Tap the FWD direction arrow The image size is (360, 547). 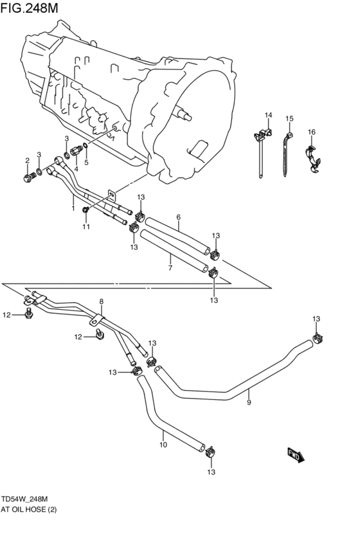click(x=295, y=455)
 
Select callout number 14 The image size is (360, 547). click(x=268, y=116)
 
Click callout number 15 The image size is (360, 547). click(x=289, y=119)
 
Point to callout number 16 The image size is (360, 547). click(x=311, y=132)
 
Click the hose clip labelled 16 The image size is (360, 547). click(x=312, y=159)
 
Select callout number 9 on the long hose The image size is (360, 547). click(x=249, y=402)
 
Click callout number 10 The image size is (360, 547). click(x=163, y=444)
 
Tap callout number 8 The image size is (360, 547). click(x=101, y=301)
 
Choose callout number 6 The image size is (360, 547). click(x=178, y=217)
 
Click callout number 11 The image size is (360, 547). click(x=85, y=227)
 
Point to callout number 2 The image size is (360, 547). click(x=27, y=160)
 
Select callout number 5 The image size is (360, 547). click(x=86, y=163)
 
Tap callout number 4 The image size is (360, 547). click(x=76, y=169)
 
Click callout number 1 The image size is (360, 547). click(x=73, y=208)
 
